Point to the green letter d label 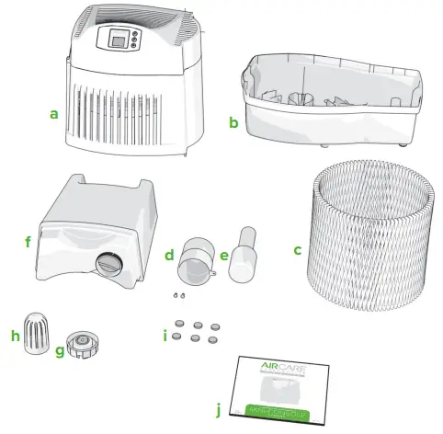pos(169,253)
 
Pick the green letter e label pos(225,254)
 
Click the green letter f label pos(28,244)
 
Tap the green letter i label pos(165,336)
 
